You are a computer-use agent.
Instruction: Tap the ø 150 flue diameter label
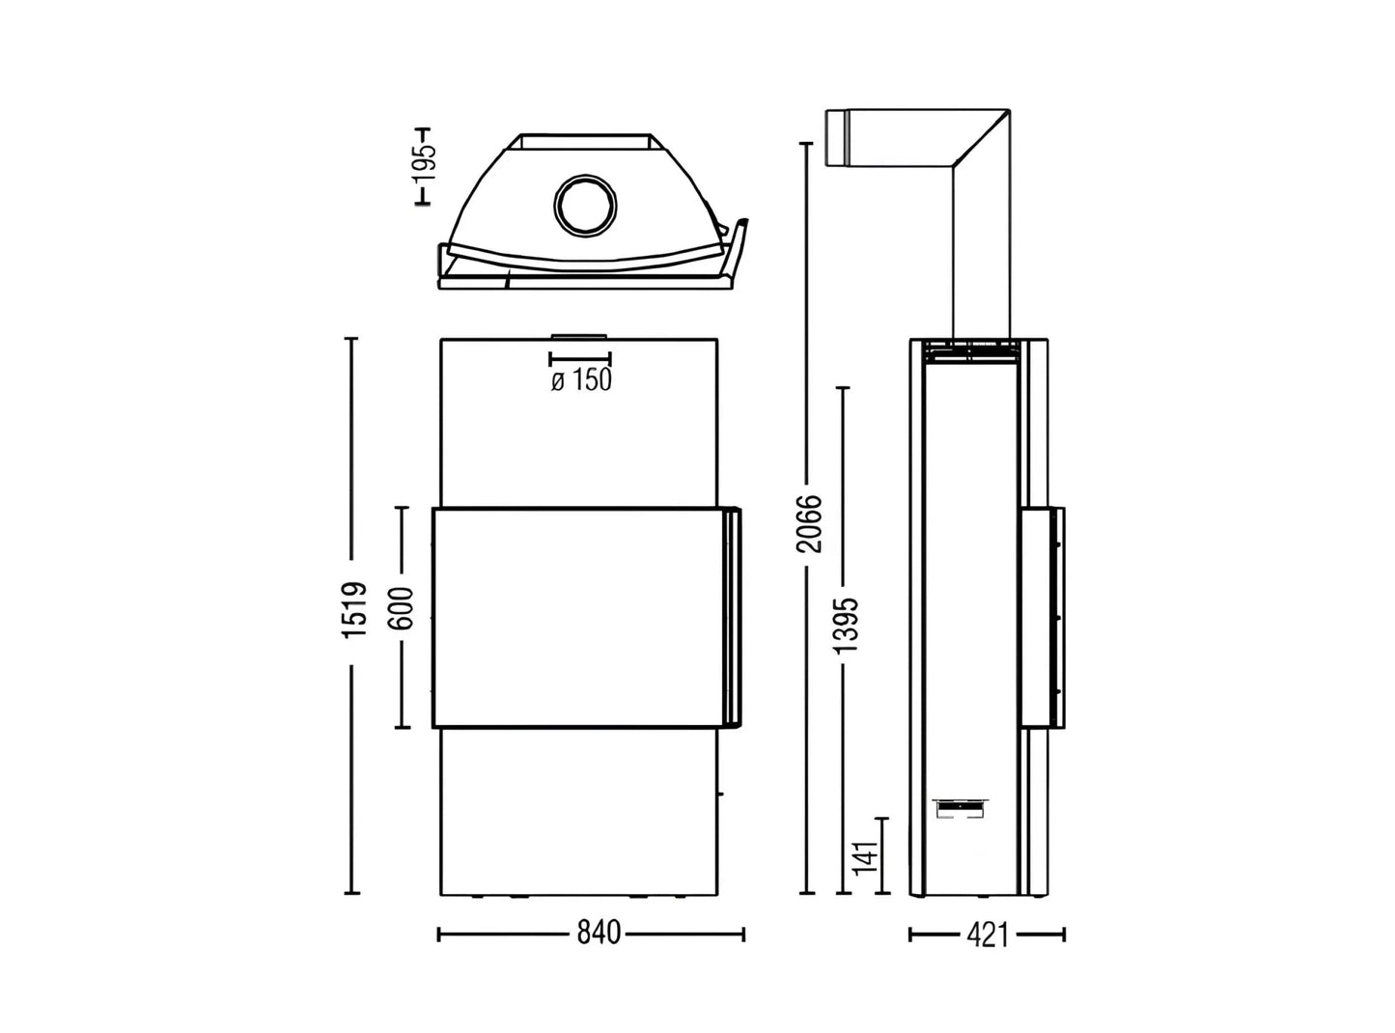[581, 380]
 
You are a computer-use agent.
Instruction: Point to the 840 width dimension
[599, 934]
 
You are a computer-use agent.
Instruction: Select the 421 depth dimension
[986, 935]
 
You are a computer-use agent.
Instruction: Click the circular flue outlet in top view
[584, 206]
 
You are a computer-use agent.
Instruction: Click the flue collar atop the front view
[579, 337]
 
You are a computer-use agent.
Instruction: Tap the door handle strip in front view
[732, 618]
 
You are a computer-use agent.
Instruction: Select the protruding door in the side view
[1044, 617]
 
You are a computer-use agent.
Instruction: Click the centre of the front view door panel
[577, 618]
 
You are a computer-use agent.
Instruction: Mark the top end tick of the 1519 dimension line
[352, 339]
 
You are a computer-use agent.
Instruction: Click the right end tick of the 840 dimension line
[743, 934]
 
